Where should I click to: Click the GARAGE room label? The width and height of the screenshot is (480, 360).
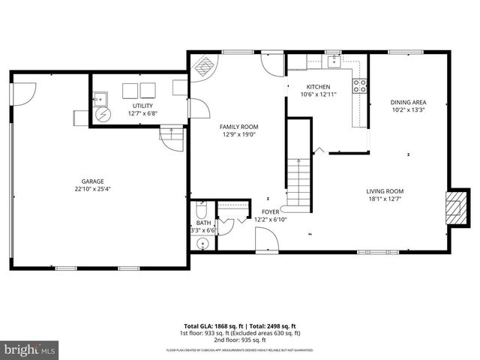(x=93, y=181)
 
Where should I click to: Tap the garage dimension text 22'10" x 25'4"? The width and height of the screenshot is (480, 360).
(x=93, y=189)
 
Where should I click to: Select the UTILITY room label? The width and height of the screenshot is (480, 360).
(x=142, y=106)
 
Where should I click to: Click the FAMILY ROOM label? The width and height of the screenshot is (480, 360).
(x=238, y=127)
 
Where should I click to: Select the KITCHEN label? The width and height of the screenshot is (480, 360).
(x=319, y=87)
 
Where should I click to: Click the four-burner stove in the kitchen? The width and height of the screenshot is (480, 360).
(x=361, y=85)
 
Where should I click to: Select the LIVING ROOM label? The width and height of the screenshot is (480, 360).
(x=385, y=190)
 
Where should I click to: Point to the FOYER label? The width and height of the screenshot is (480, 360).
(x=271, y=212)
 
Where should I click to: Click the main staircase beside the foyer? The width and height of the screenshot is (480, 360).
(x=298, y=181)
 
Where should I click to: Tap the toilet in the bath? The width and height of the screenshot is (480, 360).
(x=200, y=210)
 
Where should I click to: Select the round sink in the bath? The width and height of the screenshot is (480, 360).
(x=200, y=243)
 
